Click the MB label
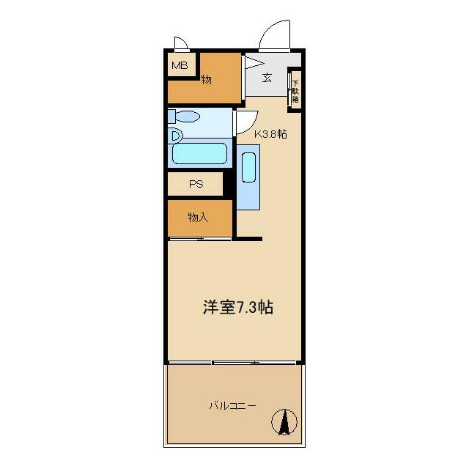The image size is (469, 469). point(180,66)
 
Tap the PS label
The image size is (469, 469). point(196,184)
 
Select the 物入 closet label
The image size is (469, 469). point(199,218)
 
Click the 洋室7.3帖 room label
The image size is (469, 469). point(238,307)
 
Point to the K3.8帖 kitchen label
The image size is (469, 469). point(270,134)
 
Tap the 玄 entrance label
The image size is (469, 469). point(267,78)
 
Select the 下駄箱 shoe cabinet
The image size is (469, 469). point(295,89)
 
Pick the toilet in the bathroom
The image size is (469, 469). point(187,117)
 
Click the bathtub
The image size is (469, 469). point(199,153)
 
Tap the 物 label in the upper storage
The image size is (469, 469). point(207,79)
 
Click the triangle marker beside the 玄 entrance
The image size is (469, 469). point(253,62)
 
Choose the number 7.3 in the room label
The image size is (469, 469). point(245,307)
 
